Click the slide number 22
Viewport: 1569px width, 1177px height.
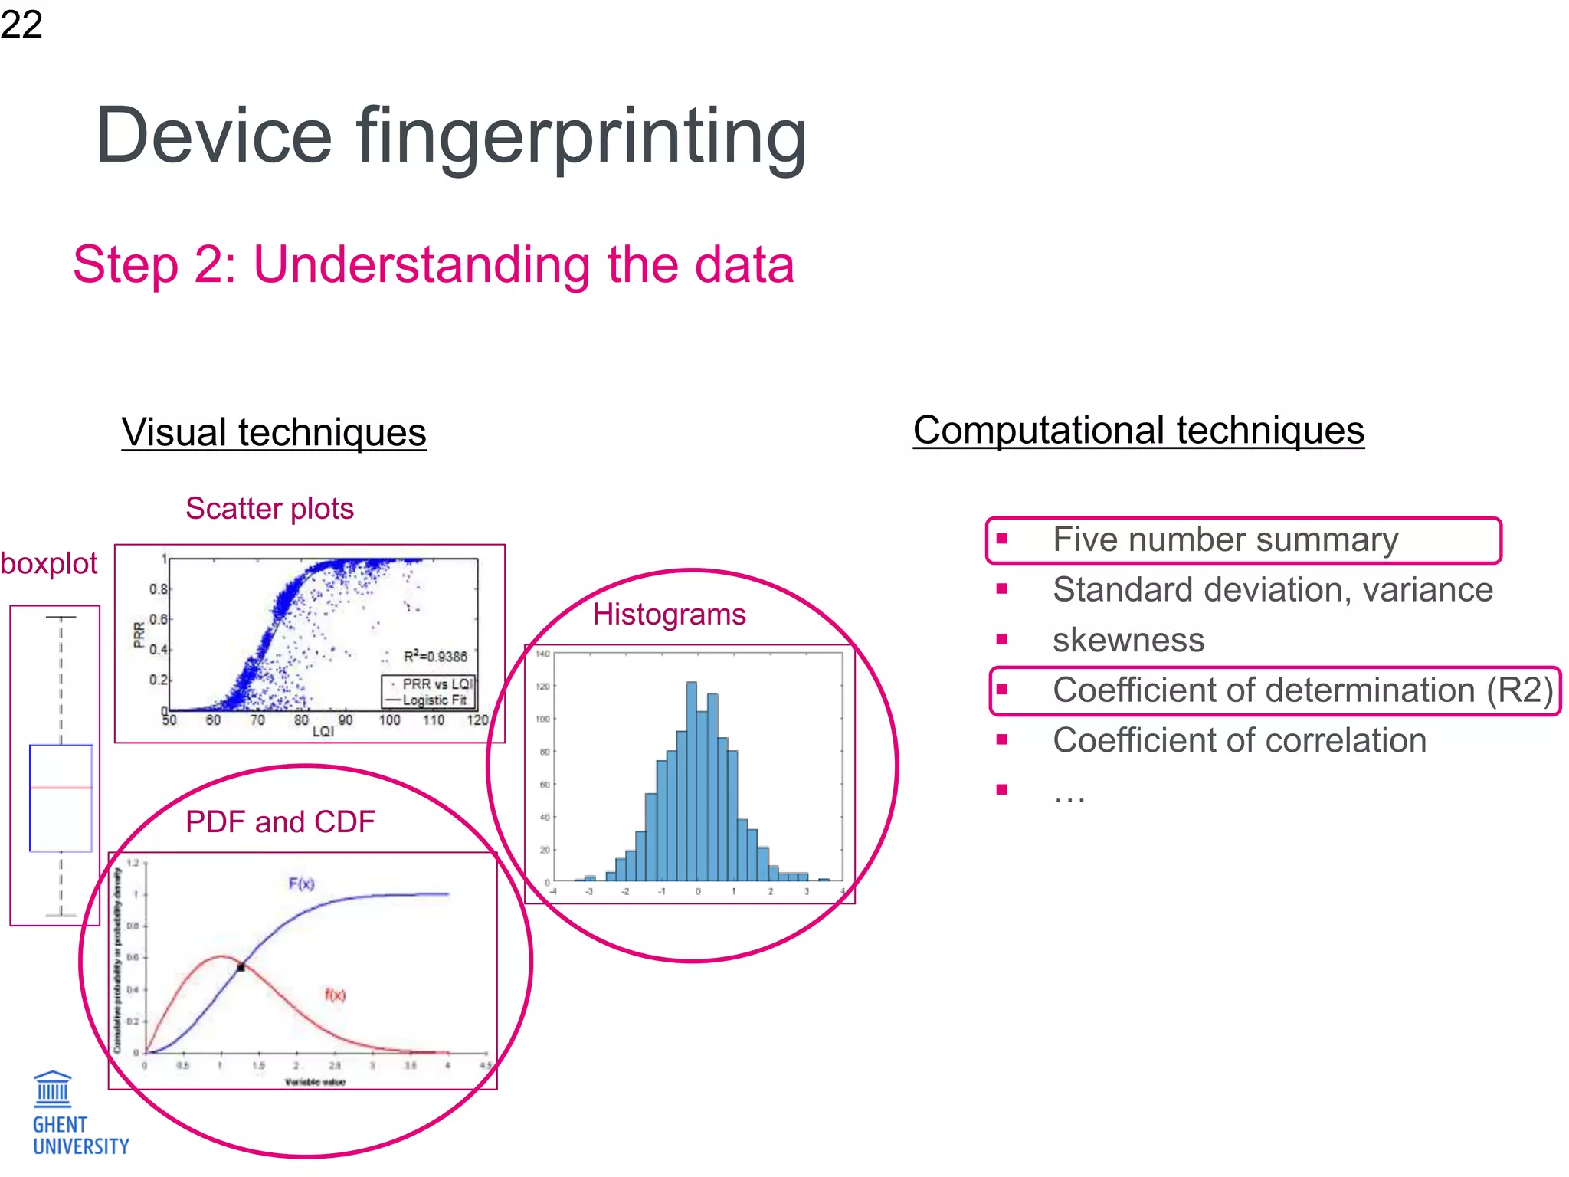point(21,25)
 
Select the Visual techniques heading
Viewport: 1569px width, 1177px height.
point(274,432)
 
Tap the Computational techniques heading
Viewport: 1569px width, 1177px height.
point(1138,430)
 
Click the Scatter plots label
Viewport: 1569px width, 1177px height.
point(270,509)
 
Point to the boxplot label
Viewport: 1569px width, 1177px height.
point(49,564)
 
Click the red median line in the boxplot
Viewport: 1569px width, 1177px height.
point(61,788)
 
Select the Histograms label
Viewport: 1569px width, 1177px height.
point(669,615)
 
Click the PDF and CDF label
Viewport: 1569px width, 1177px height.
point(280,822)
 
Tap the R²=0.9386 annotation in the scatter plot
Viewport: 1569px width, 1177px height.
point(434,657)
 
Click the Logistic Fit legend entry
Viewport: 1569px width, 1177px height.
point(434,700)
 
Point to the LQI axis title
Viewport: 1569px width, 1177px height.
point(323,732)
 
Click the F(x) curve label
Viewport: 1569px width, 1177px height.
point(301,884)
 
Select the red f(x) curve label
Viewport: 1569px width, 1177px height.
point(335,995)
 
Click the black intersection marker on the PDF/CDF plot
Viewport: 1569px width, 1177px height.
point(241,968)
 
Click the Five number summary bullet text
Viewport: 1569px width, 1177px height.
point(1225,540)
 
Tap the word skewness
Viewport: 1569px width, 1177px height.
point(1128,641)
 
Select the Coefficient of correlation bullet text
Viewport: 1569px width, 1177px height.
point(1239,741)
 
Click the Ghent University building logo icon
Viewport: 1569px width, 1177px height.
point(53,1089)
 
